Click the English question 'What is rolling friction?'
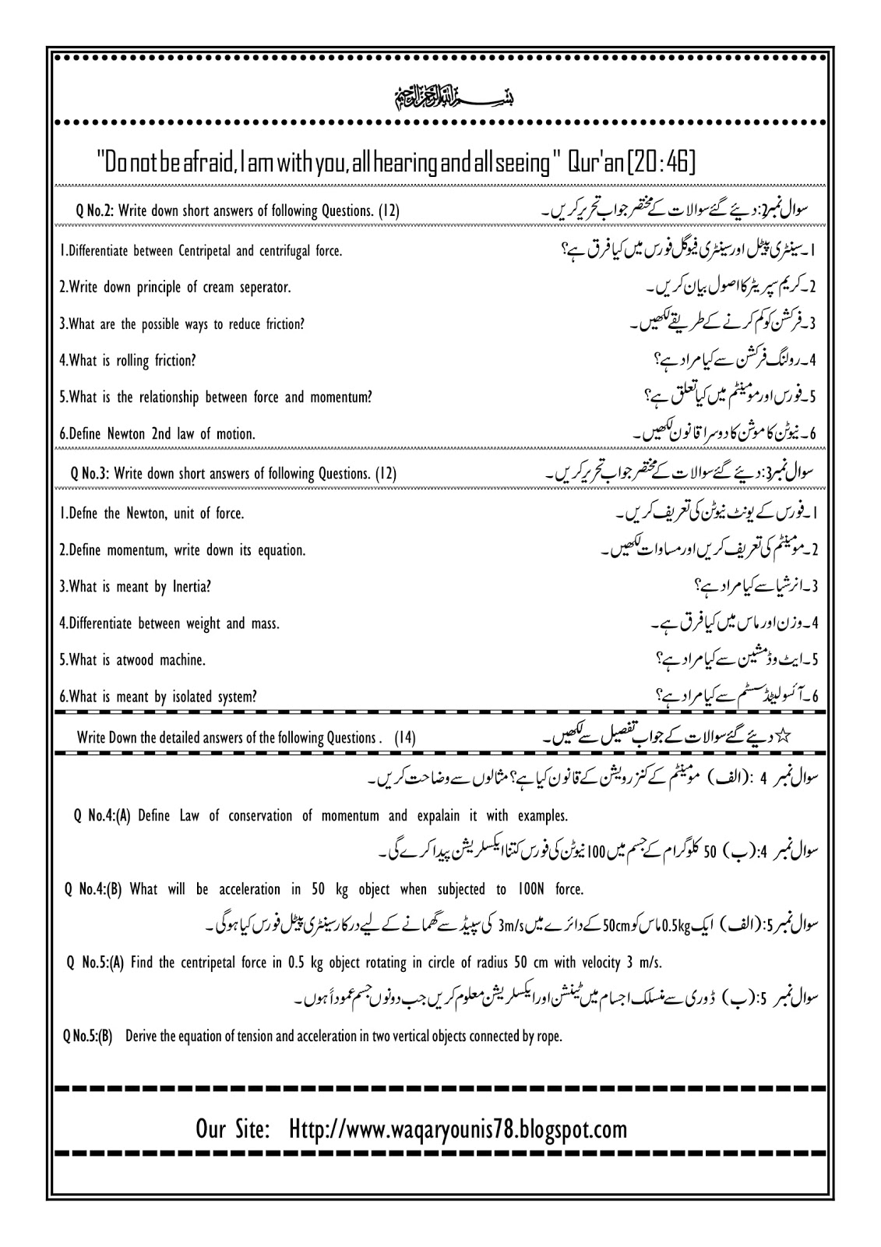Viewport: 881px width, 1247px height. tap(128, 360)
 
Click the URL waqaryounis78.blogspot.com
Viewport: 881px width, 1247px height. tap(457, 1129)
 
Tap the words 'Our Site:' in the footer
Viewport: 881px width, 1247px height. tap(233, 1129)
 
